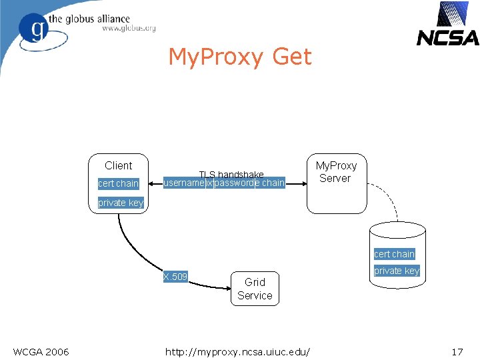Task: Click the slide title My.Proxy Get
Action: pos(239,57)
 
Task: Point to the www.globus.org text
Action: pos(129,29)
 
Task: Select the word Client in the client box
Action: pos(119,165)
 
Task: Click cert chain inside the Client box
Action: pos(118,183)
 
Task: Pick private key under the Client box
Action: pos(121,203)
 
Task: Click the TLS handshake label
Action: pos(231,174)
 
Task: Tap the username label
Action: pos(184,183)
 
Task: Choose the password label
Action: pos(234,183)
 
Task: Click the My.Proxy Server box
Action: pos(336,183)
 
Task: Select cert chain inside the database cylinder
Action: pos(394,254)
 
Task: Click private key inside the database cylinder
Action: pos(397,271)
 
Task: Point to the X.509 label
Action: pos(175,277)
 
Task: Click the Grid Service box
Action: pos(255,289)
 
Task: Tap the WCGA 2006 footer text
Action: pos(41,351)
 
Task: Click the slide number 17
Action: pos(457,351)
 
